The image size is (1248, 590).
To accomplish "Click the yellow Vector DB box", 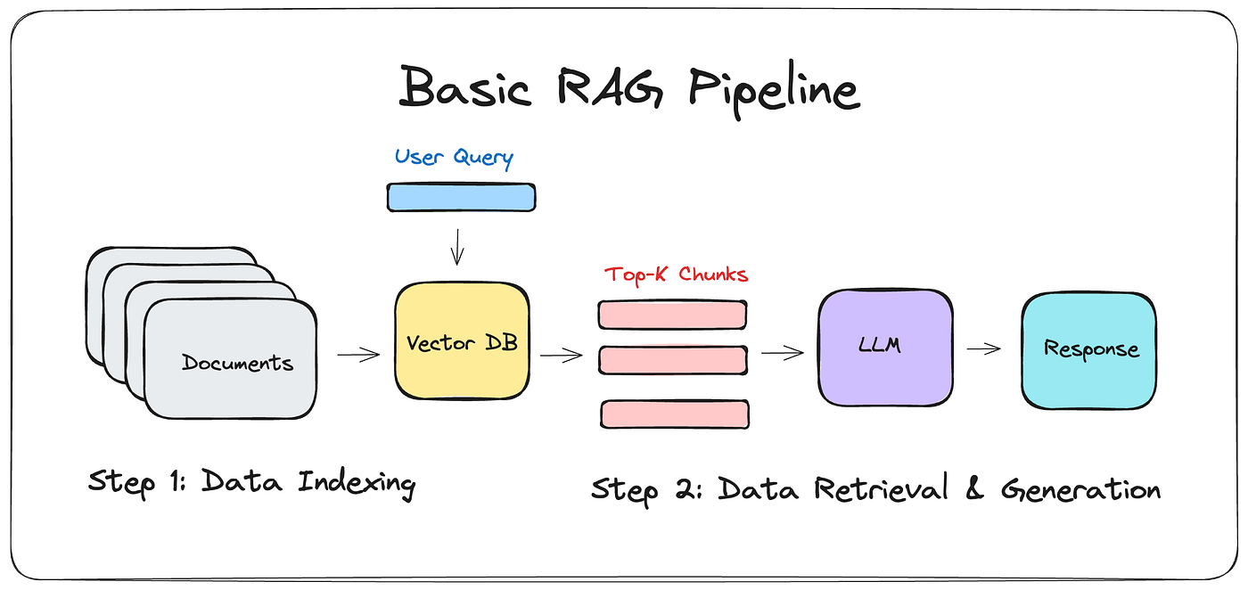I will coord(461,341).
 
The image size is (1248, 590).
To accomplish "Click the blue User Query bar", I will coord(461,197).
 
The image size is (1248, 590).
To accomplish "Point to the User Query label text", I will coord(455,158).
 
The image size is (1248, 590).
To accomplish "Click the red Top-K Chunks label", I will coord(676,274).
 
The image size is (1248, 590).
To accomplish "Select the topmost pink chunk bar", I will coord(672,315).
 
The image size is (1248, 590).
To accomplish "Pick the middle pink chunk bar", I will coord(672,359).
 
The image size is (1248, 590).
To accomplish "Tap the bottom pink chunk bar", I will coord(674,414).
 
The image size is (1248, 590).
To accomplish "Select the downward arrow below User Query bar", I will coord(457,246).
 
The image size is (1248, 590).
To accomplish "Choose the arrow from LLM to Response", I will coord(983,349).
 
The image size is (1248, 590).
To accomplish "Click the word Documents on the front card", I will coord(237,363).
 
